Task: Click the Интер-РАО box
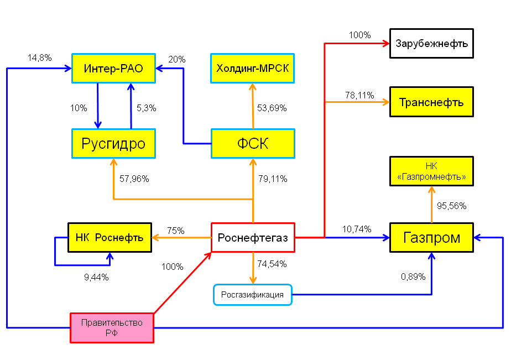coord(113,69)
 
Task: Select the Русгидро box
coord(113,144)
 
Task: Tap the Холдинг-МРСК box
coord(253,69)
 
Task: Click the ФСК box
coord(253,144)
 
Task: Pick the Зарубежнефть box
coord(431,43)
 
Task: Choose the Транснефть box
coord(431,102)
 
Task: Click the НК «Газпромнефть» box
coord(431,171)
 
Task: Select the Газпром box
coord(431,237)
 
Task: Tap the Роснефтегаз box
coord(253,237)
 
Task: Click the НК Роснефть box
coord(110,237)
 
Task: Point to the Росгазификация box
coord(253,295)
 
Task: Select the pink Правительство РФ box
coord(112,328)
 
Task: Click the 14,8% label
coord(40,58)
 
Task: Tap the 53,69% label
coord(272,108)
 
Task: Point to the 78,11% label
coord(359,96)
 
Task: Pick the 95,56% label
coord(451,206)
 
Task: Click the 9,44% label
coord(96,277)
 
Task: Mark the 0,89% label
coord(413,277)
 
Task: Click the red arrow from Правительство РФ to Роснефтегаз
coord(182,283)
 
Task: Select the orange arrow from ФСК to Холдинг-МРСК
coord(253,106)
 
